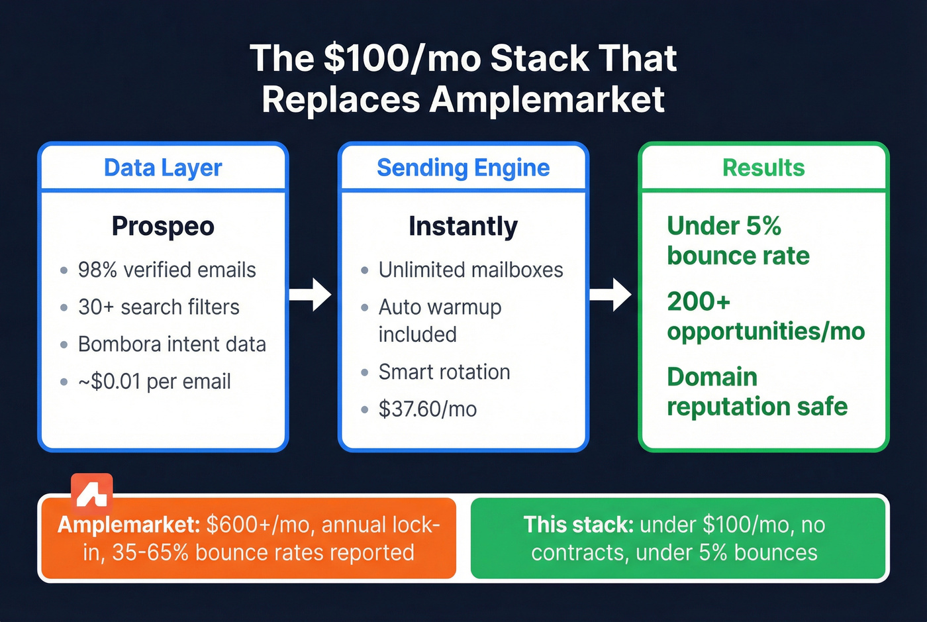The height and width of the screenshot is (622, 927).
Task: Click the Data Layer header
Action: [163, 168]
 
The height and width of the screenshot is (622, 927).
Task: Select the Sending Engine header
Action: [463, 168]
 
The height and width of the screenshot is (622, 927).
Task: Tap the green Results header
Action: [763, 168]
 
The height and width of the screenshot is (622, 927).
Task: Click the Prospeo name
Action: [163, 227]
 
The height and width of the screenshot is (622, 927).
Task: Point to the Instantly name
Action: [463, 227]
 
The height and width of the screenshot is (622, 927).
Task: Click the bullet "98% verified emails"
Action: [167, 270]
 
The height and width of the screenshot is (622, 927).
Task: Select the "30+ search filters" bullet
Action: [159, 307]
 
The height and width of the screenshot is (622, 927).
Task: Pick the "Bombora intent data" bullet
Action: [172, 344]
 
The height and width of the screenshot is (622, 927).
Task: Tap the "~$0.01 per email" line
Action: [154, 382]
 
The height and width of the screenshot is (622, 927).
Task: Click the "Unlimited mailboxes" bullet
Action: [471, 270]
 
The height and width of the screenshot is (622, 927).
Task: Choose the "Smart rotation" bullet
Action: [444, 372]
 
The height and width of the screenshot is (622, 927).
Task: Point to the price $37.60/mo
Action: [428, 409]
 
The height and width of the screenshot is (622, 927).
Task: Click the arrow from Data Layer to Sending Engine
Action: [311, 295]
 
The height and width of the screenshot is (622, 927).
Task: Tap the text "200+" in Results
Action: [699, 302]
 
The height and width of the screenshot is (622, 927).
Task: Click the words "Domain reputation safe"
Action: [757, 391]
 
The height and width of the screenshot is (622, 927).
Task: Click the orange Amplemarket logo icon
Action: [92, 491]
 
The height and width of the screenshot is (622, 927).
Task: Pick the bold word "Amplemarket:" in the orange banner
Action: [129, 525]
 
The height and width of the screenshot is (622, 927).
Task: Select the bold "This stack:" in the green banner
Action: [579, 525]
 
